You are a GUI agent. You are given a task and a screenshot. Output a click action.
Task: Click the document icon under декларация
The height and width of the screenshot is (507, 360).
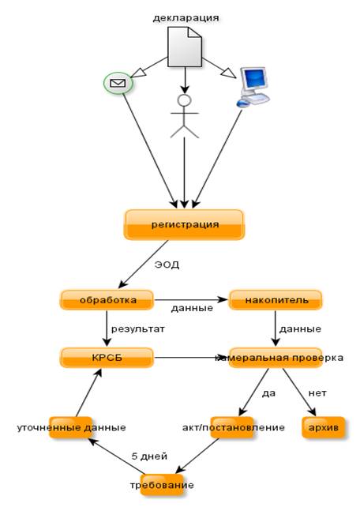coord(185,47)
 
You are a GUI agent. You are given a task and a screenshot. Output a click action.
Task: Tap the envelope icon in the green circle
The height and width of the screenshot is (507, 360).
coord(118,83)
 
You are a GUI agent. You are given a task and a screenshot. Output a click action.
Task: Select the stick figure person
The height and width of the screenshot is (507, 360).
coord(185,116)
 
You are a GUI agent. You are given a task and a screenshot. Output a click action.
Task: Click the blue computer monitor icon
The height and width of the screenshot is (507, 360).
coord(253,88)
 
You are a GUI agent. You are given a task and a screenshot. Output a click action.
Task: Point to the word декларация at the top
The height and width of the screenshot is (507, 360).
coord(186,17)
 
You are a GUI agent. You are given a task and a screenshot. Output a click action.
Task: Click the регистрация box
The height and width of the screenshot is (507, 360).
coord(184,225)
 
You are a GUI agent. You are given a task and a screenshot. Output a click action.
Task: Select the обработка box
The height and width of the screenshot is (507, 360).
coord(107,300)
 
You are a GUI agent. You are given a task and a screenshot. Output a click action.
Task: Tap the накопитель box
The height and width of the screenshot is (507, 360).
coord(276,300)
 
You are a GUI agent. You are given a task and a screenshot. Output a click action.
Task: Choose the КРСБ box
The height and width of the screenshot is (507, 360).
coord(107,358)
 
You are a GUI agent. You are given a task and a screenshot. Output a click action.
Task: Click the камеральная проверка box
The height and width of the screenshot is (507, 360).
coord(276,358)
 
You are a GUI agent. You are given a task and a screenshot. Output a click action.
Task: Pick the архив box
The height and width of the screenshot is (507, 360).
coord(324,427)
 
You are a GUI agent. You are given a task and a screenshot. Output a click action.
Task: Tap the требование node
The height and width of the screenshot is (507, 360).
coord(162,485)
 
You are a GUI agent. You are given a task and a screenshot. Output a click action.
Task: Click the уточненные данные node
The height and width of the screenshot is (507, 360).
coord(70,427)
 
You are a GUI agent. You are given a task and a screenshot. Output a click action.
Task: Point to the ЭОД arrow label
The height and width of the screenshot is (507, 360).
coord(167,265)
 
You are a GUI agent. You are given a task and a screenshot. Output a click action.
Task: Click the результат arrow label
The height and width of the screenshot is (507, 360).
coord(138,329)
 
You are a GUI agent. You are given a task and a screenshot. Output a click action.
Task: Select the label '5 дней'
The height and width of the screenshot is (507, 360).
coord(149,456)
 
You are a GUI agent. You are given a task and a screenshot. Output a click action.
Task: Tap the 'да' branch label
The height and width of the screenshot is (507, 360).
coord(268,393)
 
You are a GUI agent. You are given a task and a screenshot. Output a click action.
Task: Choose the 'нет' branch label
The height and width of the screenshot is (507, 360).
coord(317,393)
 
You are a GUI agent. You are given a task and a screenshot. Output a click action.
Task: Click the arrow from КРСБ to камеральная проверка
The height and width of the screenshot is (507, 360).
coord(191,358)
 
